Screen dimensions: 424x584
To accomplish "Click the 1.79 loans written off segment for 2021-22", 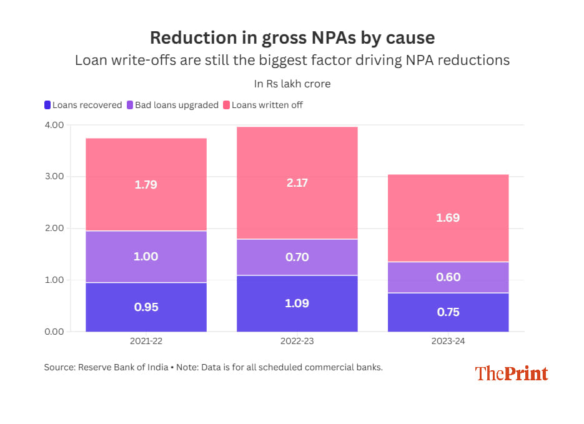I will point(146,185).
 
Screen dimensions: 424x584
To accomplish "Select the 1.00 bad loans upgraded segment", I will point(146,257).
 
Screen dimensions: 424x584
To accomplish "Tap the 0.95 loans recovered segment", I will point(146,307).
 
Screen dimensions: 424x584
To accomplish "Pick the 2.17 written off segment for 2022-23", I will point(297,183).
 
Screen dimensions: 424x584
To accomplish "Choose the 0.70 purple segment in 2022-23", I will point(297,257).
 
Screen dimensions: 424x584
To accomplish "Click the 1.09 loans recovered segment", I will point(297,303).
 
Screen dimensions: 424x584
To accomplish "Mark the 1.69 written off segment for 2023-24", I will point(448,218).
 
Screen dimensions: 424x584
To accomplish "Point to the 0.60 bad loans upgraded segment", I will point(448,277).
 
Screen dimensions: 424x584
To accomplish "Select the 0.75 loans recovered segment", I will point(448,312).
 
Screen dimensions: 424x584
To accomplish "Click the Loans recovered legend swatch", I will point(47,105).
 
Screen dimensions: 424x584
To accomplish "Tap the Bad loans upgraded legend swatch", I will point(130,105).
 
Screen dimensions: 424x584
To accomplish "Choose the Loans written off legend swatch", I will point(227,105).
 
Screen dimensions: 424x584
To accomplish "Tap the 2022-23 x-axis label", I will point(297,342).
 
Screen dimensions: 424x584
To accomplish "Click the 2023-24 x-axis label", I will point(448,342).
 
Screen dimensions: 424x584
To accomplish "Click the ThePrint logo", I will point(511,373).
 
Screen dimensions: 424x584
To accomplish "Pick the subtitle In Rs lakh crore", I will point(292,84).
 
